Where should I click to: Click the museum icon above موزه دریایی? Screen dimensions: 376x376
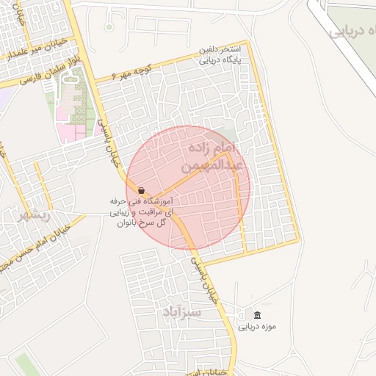point(246,314)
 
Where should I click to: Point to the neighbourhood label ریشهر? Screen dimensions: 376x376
point(35,214)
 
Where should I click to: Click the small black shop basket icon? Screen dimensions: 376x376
point(140,190)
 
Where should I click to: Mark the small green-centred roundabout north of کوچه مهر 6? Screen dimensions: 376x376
point(109,27)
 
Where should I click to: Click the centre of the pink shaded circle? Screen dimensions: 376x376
point(188,187)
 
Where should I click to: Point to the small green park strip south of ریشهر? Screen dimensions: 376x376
point(25,364)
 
